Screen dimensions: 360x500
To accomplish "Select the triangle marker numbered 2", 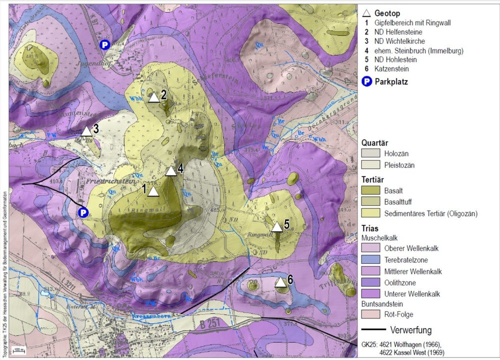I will (x=154, y=97).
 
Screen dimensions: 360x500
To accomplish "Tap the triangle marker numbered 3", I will (x=86, y=131).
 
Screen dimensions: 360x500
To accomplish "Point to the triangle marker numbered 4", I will (x=171, y=171).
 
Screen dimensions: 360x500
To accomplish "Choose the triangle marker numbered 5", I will (x=277, y=226).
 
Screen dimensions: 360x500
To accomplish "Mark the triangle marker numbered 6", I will (x=281, y=282).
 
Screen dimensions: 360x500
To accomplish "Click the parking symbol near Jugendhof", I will (x=104, y=45).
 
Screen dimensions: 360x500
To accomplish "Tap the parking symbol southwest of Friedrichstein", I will (x=83, y=212).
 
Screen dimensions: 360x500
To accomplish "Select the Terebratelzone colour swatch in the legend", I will (x=370, y=260).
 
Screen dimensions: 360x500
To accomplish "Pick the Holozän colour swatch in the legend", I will (x=370, y=153).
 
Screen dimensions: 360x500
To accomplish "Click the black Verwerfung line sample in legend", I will (x=373, y=330).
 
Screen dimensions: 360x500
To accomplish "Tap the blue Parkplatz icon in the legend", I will (x=367, y=82).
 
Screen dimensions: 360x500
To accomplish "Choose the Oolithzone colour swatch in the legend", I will (x=370, y=283).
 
